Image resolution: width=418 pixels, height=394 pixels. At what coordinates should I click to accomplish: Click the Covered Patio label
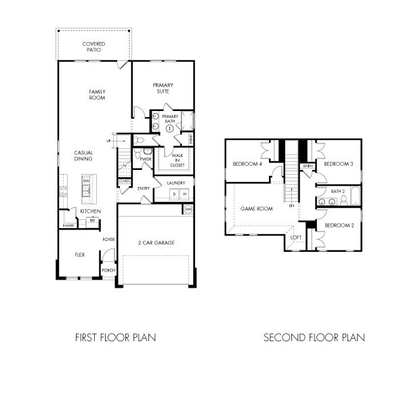click(93, 47)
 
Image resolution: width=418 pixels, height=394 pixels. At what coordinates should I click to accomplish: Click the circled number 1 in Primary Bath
click(169, 128)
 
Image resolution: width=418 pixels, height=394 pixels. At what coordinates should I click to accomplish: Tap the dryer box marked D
click(173, 194)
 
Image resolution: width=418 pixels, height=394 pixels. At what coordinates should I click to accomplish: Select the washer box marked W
click(184, 194)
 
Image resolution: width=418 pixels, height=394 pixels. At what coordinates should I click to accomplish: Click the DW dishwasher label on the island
click(86, 181)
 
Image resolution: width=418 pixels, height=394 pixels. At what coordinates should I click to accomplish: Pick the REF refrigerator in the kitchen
click(91, 220)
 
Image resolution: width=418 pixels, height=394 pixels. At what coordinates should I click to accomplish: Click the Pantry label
click(68, 225)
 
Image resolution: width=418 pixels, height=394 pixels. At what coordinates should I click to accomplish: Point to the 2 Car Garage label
click(157, 242)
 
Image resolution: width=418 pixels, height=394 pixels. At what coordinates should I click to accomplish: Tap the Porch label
click(108, 270)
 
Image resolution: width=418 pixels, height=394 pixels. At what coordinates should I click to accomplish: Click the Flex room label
click(79, 255)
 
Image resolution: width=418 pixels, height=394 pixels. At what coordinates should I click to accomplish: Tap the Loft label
click(296, 238)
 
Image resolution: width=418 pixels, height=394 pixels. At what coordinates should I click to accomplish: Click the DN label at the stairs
click(291, 206)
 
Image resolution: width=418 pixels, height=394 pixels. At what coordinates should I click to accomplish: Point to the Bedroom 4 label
click(247, 165)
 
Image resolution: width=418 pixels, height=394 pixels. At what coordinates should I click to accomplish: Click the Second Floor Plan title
click(314, 336)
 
